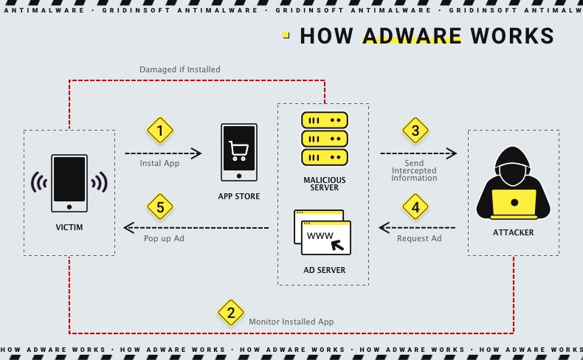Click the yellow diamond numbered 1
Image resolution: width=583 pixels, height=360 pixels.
[x=160, y=131]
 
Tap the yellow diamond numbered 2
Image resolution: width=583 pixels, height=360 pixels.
[x=231, y=313]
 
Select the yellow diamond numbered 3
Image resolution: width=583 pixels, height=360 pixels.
[x=415, y=131]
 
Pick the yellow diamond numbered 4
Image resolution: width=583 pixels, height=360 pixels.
[x=415, y=207]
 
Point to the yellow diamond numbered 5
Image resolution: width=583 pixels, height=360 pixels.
[x=160, y=207]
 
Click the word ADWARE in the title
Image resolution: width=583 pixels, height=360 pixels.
[x=412, y=36]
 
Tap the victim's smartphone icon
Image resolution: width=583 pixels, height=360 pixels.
[x=69, y=183]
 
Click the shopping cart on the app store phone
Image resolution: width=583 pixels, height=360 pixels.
[x=238, y=150]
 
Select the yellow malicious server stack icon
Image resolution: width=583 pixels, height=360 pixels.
[x=324, y=139]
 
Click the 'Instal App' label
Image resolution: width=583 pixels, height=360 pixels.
[x=160, y=164]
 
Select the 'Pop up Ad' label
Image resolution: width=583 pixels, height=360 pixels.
[x=164, y=239]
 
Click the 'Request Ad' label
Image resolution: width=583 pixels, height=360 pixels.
[x=419, y=239]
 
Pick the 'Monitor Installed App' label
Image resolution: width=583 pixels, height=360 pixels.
[x=291, y=322]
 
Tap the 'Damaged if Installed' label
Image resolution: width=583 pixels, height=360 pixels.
[x=180, y=69]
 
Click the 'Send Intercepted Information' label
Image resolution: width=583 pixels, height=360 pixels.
[x=414, y=170]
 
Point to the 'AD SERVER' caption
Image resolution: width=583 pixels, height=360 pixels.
[x=324, y=271]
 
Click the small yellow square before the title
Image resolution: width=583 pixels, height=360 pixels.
[x=286, y=35]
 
